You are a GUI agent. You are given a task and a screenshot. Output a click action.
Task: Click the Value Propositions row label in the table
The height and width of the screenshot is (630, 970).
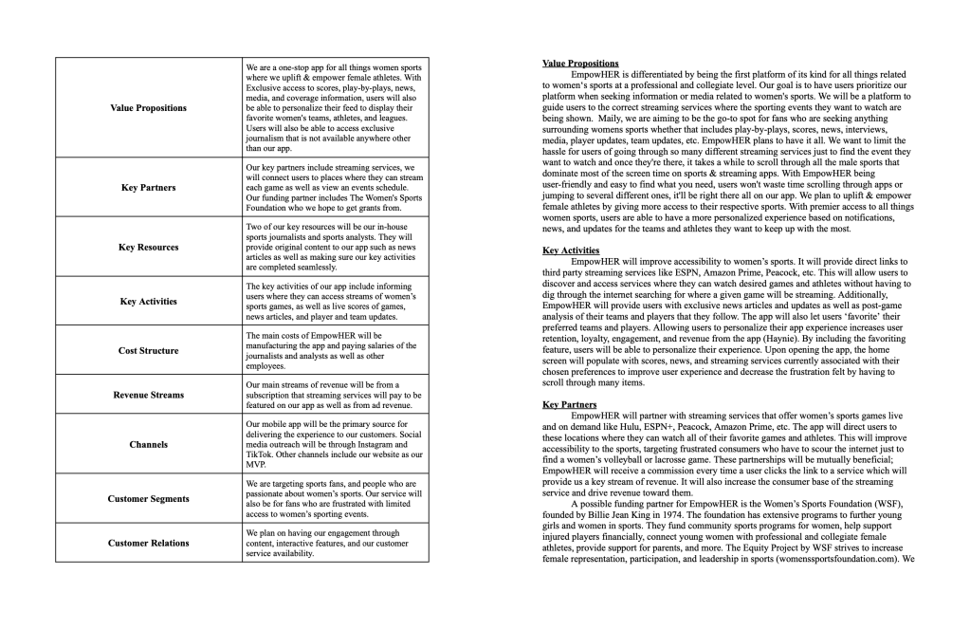[149, 108]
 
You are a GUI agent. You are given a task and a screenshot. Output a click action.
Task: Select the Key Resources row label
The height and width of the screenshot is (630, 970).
[148, 247]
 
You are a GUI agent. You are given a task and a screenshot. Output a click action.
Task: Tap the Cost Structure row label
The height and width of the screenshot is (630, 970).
[148, 351]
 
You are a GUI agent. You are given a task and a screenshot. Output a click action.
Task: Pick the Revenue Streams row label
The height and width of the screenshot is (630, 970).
[148, 395]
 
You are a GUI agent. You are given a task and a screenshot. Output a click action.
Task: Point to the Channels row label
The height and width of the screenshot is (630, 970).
[148, 444]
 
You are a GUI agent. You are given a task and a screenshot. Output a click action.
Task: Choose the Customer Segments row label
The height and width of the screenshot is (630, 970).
[148, 498]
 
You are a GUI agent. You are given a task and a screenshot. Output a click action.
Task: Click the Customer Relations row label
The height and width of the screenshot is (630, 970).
[148, 543]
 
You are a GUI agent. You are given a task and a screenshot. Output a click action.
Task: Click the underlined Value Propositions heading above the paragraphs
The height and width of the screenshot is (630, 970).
[580, 64]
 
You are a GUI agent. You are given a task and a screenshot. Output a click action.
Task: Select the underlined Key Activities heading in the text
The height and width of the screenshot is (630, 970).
[571, 250]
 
